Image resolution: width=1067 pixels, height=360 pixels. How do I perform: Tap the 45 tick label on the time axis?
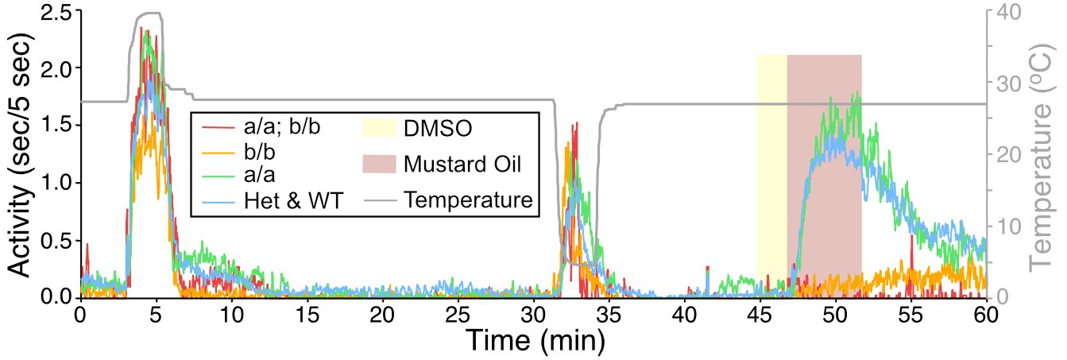click(759, 313)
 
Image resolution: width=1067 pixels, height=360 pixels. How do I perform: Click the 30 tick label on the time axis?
click(532, 313)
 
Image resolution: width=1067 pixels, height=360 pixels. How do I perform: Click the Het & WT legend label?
click(293, 201)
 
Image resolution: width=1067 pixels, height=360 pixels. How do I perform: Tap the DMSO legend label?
click(437, 128)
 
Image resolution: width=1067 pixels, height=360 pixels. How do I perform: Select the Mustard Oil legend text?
click(467, 165)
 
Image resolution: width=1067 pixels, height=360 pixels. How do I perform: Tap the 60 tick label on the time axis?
click(985, 313)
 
